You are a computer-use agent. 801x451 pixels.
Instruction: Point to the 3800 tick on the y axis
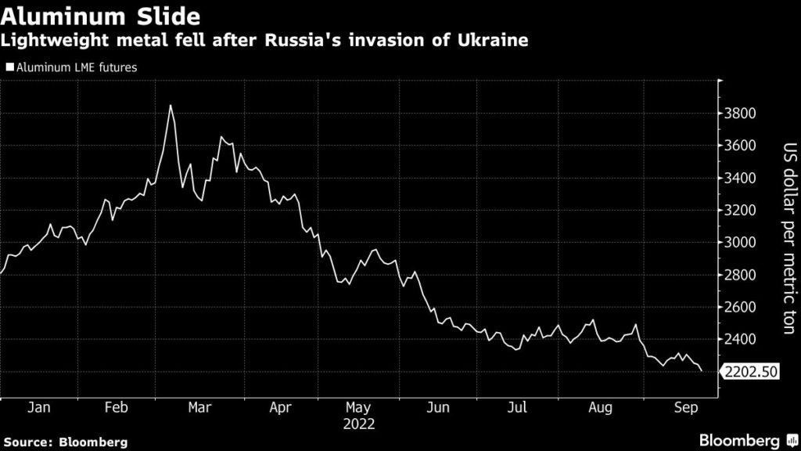coord(739,114)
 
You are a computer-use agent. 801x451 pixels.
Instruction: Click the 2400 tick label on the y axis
coord(739,340)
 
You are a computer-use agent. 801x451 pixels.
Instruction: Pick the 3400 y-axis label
coord(739,179)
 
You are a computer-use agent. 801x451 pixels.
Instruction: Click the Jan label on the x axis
coord(38,408)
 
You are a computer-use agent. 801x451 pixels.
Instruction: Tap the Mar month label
coord(199,408)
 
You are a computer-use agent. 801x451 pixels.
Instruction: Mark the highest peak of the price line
coord(171,105)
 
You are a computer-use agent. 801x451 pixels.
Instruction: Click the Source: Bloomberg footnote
coord(64,442)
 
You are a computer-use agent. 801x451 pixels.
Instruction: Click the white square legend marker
coord(9,68)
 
